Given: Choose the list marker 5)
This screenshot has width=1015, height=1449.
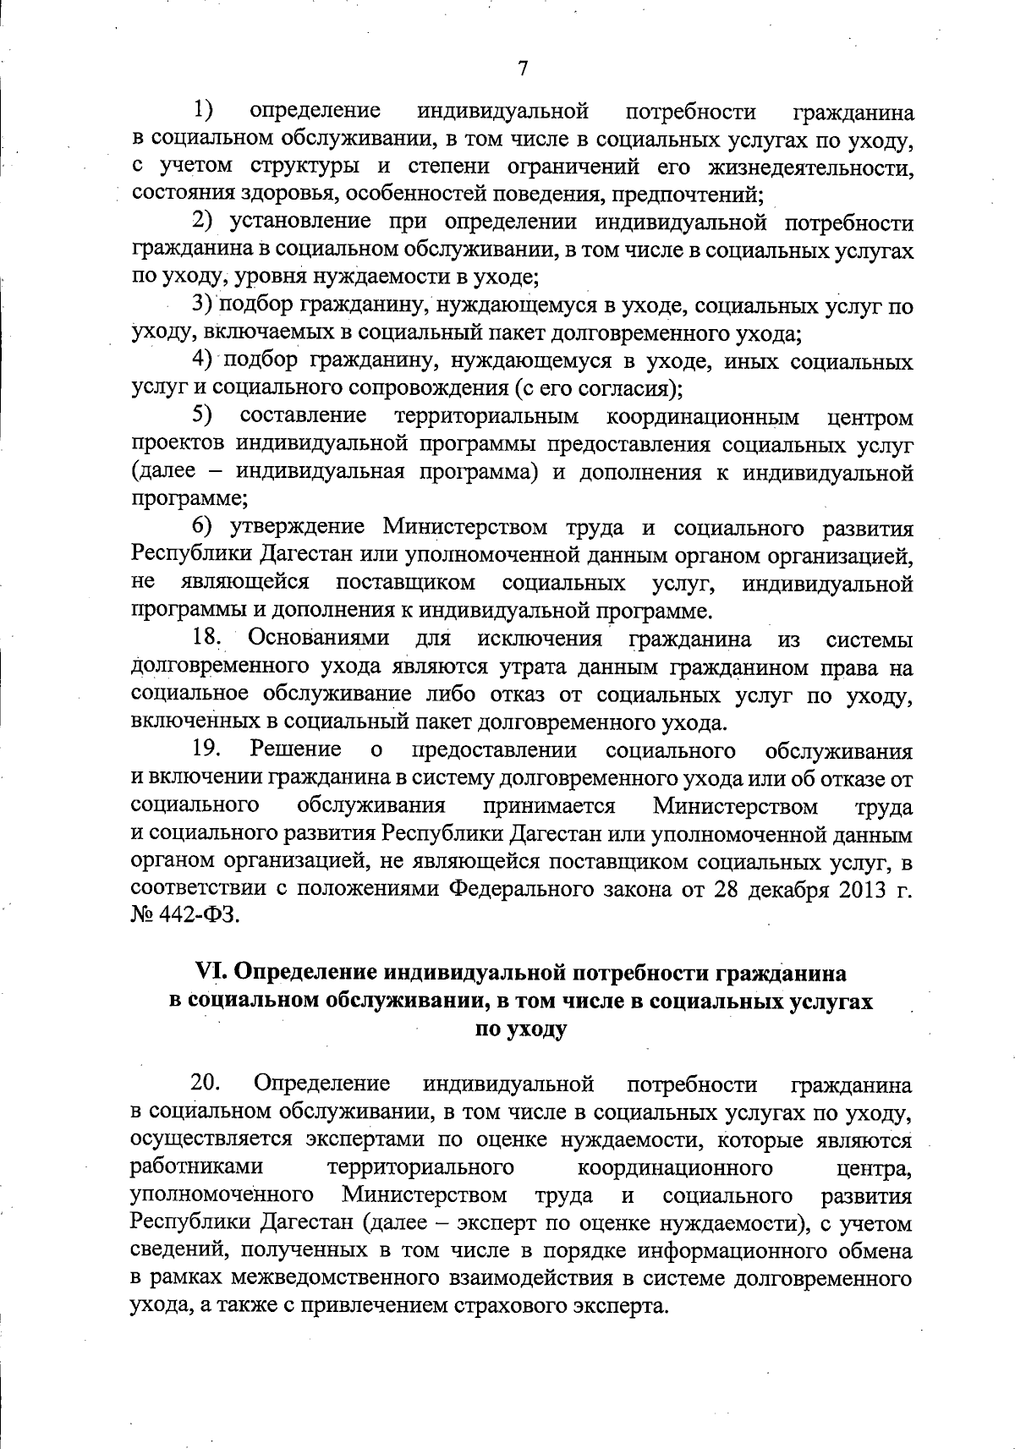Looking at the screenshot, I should [x=203, y=416].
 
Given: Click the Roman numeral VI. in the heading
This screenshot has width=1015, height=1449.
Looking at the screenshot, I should [x=211, y=973].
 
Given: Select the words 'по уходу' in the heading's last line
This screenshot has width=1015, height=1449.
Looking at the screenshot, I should [x=521, y=1029].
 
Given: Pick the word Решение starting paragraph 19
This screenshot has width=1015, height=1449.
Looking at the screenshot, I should [x=295, y=750].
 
